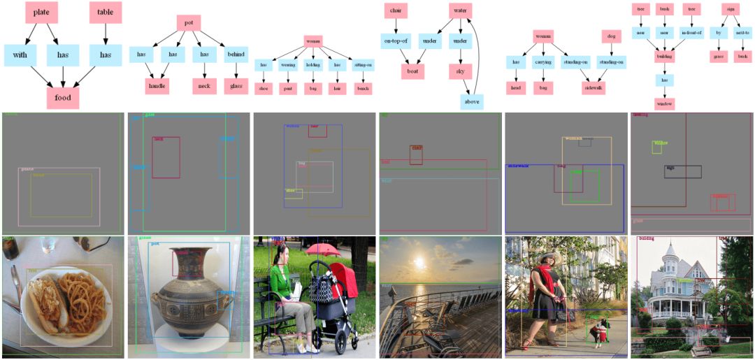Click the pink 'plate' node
point(41,12)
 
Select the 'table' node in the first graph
point(106,12)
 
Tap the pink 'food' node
point(63,97)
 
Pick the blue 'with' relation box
point(20,55)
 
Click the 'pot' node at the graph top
point(188,22)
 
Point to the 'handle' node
point(157,86)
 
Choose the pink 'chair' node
point(396,10)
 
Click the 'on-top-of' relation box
point(396,41)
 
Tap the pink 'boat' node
point(412,71)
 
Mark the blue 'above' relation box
point(472,101)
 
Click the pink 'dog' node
point(611,36)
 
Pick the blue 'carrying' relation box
point(543,62)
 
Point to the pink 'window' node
point(664,103)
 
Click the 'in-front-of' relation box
point(691,33)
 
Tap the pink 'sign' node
point(730,9)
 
